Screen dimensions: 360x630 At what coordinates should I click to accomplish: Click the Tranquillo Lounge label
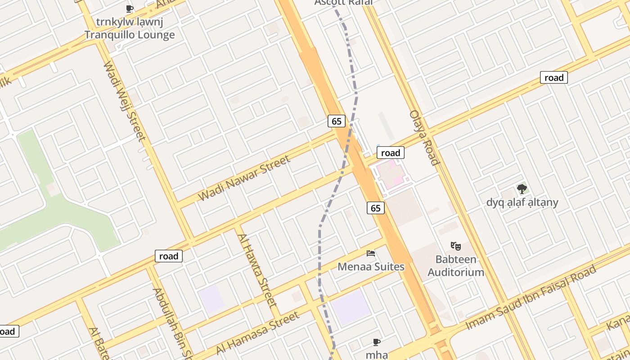[130, 35]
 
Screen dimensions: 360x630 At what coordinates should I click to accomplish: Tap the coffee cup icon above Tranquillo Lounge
[130, 9]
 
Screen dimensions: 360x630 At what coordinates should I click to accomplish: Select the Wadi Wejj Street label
[124, 101]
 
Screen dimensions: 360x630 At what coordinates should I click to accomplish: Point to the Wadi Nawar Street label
[244, 178]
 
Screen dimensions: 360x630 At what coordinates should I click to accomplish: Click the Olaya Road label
[424, 137]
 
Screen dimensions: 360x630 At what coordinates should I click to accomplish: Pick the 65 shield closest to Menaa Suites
[376, 207]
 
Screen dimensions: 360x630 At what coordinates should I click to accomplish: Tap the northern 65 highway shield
[337, 121]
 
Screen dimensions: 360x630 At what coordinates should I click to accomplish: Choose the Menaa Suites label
[371, 267]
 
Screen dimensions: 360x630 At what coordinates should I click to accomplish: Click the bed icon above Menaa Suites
[371, 253]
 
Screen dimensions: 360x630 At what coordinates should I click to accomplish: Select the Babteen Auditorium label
[456, 266]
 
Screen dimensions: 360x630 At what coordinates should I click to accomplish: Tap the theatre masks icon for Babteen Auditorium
[456, 246]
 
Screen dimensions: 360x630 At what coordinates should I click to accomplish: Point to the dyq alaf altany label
[522, 202]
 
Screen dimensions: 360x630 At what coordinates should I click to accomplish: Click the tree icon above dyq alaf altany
[522, 189]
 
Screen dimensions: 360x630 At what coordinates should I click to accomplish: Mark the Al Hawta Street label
[256, 270]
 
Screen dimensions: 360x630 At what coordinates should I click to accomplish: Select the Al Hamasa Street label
[258, 333]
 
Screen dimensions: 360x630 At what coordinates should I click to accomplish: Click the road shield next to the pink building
[390, 153]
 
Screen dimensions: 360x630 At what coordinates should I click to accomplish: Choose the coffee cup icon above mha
[377, 342]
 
